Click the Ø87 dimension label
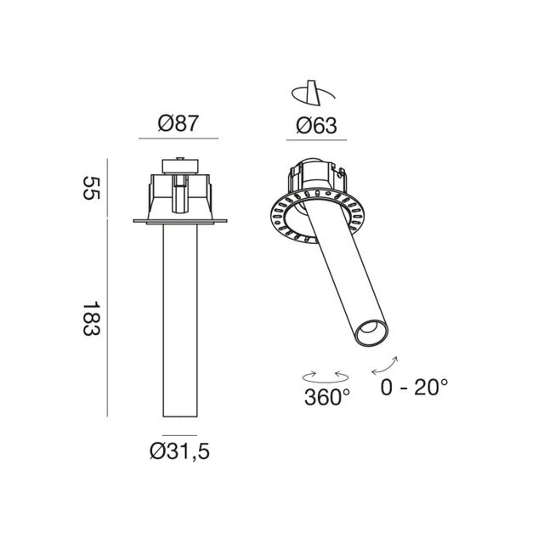[x=178, y=123]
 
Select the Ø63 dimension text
[x=316, y=126]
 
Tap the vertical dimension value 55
[x=91, y=188]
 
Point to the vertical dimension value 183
[x=91, y=319]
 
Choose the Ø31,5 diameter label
[x=179, y=451]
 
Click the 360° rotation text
[x=327, y=397]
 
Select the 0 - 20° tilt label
[x=414, y=388]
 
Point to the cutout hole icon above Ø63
[x=313, y=93]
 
